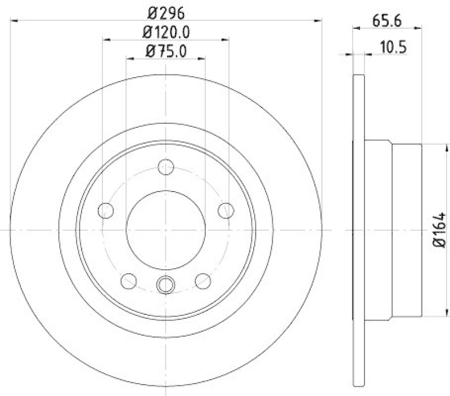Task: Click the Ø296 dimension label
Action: pyautogui.click(x=166, y=11)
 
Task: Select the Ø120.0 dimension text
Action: pyautogui.click(x=166, y=32)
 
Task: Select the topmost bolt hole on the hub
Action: pyautogui.click(x=166, y=167)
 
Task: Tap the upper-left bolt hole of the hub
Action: pyautogui.click(x=106, y=211)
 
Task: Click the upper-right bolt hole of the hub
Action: pyautogui.click(x=226, y=211)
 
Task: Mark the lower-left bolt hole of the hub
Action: pyautogui.click(x=129, y=280)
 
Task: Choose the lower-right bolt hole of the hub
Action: pyautogui.click(x=202, y=280)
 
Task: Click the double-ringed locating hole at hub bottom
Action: pyautogui.click(x=166, y=285)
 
